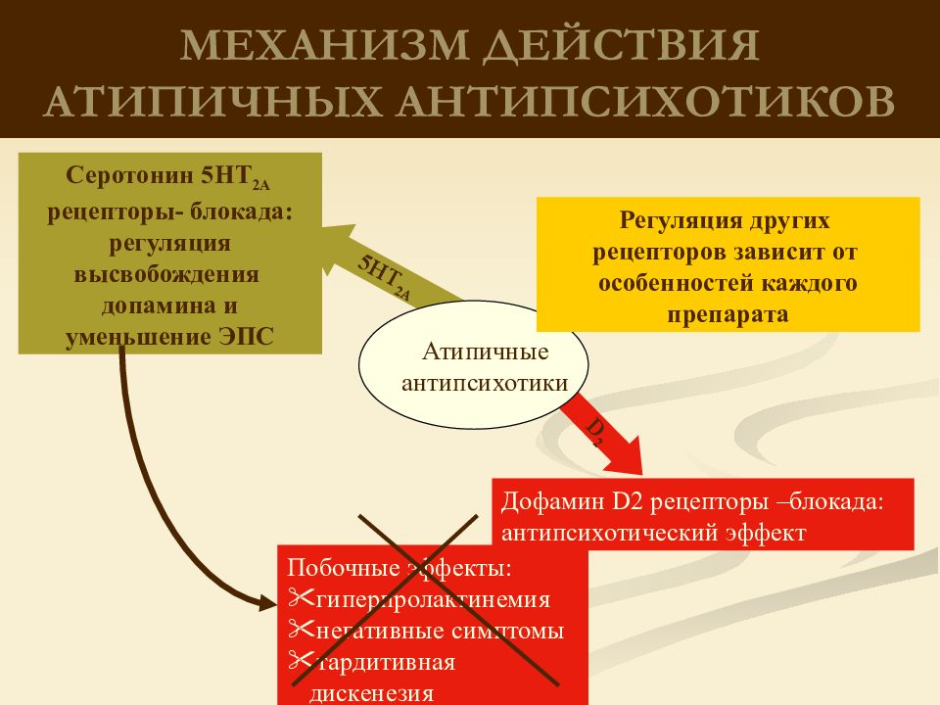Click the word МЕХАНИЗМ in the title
coord(324,45)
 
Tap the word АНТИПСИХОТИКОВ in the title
coord(645,100)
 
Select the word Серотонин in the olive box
coord(130,175)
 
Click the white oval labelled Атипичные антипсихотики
coord(474,364)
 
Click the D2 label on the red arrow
coord(594,432)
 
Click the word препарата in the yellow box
coord(728,314)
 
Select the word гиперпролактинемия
coord(433,599)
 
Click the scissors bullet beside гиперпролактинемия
coord(302,597)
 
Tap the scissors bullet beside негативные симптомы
coord(302,629)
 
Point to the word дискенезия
coord(372,693)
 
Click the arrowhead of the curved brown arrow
coord(268,602)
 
